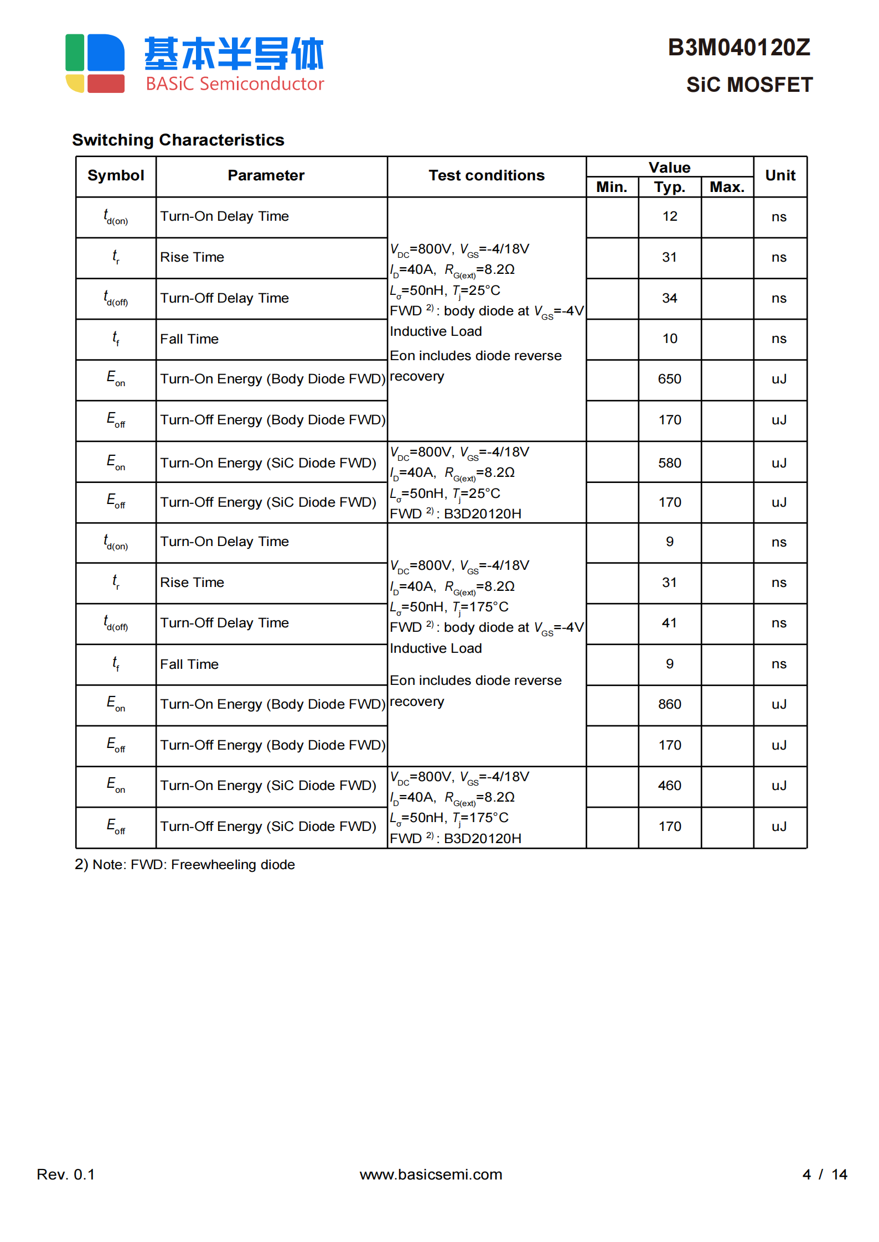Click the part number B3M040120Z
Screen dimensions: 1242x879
pos(738,48)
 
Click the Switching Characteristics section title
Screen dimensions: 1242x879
pos(178,140)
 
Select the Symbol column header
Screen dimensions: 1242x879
pos(116,176)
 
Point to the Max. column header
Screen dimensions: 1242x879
pos(727,187)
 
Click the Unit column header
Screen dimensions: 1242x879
pos(780,176)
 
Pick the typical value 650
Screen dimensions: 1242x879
pos(669,379)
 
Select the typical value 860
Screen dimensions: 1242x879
pos(669,704)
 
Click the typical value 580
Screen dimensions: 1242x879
pos(669,463)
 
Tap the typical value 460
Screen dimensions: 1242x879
pos(669,786)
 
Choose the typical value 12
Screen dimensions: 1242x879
pos(669,216)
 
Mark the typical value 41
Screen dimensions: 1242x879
pos(669,623)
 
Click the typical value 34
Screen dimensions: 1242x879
pos(669,298)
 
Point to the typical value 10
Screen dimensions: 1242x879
pos(669,339)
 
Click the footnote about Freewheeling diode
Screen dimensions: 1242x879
pos(185,865)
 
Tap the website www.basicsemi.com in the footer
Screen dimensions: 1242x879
pos(431,1174)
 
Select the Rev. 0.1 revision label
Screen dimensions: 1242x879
pos(65,1174)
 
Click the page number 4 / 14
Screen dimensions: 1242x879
pos(824,1174)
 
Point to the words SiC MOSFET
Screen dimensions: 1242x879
pos(749,85)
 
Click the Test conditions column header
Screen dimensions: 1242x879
pos(486,176)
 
